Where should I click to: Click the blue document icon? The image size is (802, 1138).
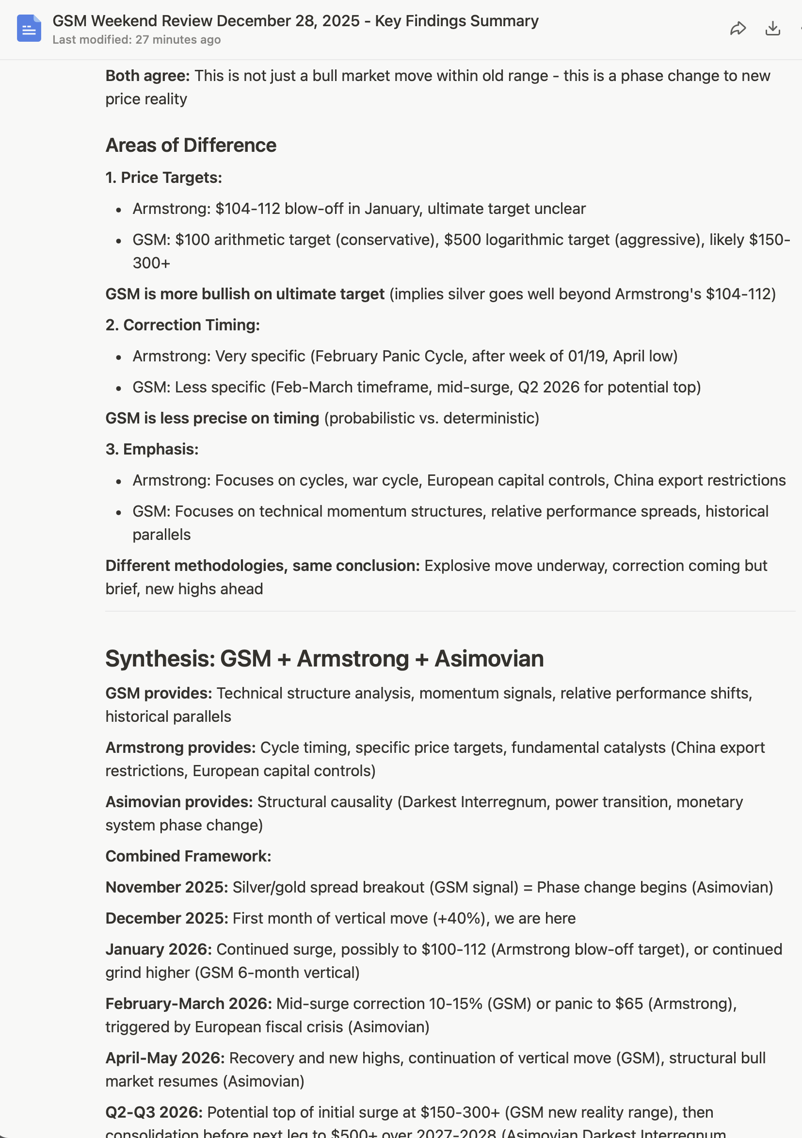pos(29,28)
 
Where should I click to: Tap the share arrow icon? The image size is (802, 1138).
pos(738,29)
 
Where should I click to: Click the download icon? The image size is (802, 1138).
pos(772,29)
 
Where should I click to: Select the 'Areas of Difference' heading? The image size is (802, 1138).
pos(191,145)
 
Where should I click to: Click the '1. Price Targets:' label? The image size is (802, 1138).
pos(163,178)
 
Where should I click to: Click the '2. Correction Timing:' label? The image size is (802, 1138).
pos(182,325)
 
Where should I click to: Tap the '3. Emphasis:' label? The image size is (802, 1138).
pos(152,449)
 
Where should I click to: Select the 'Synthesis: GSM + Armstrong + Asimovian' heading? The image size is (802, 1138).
pos(324,659)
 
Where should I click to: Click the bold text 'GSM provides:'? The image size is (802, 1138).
pos(159,693)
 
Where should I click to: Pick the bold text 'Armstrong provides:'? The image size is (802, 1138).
pos(180,748)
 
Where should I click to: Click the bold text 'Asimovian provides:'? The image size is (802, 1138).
pos(179,802)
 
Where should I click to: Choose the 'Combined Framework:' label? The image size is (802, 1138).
pos(188,856)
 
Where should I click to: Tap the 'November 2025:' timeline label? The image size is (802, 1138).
pos(166,887)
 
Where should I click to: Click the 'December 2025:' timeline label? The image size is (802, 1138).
pos(166,918)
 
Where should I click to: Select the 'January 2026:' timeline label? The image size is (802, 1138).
pos(159,949)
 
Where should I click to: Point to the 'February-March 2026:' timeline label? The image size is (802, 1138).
pos(188,1004)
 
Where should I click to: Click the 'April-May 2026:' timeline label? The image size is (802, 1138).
pos(165,1058)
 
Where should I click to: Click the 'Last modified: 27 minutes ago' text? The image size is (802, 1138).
pos(136,40)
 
